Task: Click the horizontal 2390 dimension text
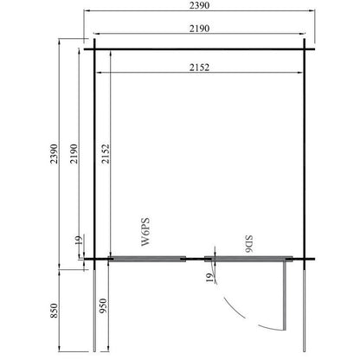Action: (x=199, y=5)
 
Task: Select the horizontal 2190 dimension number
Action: (x=199, y=29)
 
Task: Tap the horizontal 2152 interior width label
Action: (x=199, y=67)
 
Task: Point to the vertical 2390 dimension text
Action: (x=54, y=154)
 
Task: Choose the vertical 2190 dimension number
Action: (x=74, y=154)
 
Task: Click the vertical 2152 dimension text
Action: (x=106, y=154)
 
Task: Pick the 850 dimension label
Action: (x=54, y=311)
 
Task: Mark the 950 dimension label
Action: (x=103, y=306)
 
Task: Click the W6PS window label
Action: (x=145, y=232)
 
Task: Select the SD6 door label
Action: (x=248, y=244)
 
